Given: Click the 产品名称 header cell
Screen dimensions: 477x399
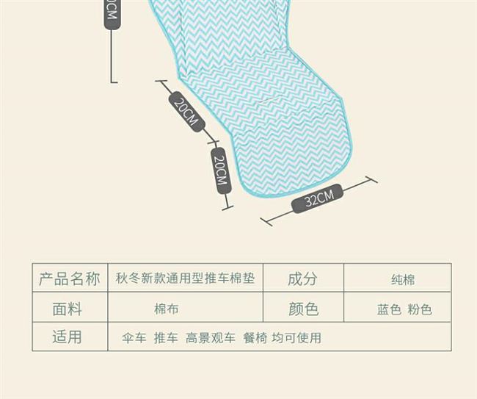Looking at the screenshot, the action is pyautogui.click(x=69, y=278).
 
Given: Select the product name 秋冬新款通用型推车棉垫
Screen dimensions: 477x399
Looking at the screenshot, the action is pyautogui.click(x=185, y=278).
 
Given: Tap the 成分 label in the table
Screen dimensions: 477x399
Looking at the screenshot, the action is pyautogui.click(x=302, y=278).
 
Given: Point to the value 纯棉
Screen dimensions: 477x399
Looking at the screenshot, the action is pyautogui.click(x=403, y=279).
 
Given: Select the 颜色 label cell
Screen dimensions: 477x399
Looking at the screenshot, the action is pyautogui.click(x=303, y=309).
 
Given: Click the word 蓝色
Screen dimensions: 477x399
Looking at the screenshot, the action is pyautogui.click(x=389, y=309).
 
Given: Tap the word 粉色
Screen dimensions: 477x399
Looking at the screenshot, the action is pyautogui.click(x=420, y=309).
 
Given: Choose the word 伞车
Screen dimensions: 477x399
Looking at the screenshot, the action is pyautogui.click(x=134, y=338).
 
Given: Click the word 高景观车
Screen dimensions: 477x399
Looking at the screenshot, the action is pyautogui.click(x=211, y=338).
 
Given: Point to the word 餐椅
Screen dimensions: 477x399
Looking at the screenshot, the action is pyautogui.click(x=254, y=338).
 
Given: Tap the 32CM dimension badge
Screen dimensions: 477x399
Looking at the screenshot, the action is pyautogui.click(x=318, y=199).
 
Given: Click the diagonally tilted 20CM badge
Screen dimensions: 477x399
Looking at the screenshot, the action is pyautogui.click(x=186, y=112).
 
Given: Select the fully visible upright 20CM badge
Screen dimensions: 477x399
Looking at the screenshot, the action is pyautogui.click(x=221, y=170).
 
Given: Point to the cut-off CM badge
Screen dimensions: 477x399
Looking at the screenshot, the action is pyautogui.click(x=112, y=12).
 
